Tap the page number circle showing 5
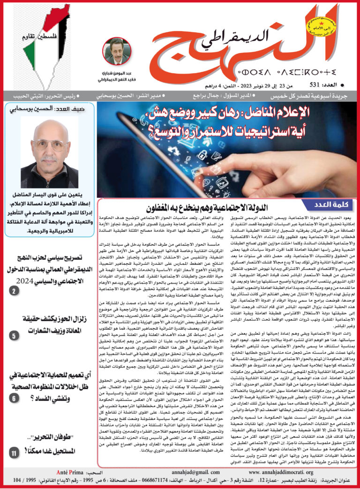click(14, 335)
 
